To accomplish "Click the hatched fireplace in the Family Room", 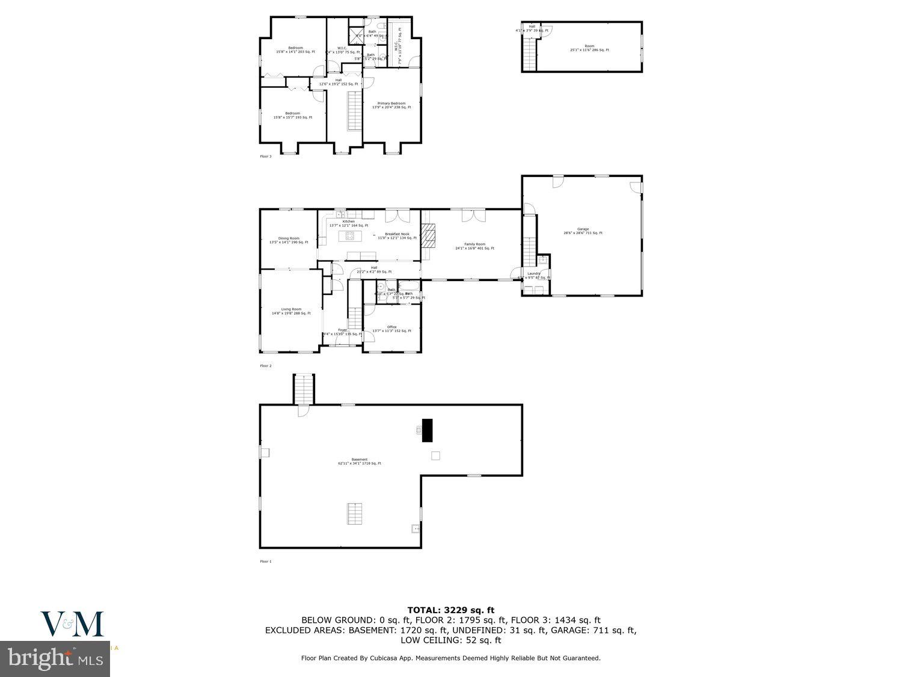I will pos(428,236).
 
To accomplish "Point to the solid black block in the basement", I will pos(428,430).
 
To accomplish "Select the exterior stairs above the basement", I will pos(304,389).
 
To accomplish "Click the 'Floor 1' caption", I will pos(266,561).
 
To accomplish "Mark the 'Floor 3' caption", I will pos(266,156).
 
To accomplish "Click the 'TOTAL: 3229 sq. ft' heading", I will pos(450,610).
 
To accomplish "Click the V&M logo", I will pos(72,624).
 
